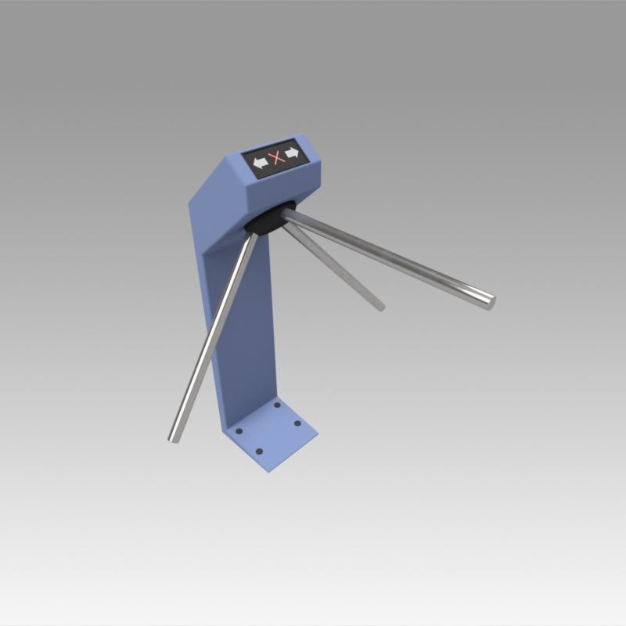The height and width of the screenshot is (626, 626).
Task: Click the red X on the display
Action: [x=275, y=159]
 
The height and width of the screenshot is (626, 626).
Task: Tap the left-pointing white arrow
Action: [x=259, y=163]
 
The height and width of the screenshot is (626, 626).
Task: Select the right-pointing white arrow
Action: [x=292, y=153]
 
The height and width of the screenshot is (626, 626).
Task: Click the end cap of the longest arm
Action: [x=491, y=300]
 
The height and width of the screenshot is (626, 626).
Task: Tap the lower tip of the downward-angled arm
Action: [x=174, y=437]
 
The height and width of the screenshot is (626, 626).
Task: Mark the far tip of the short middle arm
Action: [x=380, y=306]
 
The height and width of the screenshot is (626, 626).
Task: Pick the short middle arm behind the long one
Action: [x=336, y=270]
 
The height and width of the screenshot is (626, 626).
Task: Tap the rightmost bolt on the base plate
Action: [x=297, y=424]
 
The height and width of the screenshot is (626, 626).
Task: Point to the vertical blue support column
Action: [x=243, y=329]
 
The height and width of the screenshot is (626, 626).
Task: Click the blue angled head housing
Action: [x=235, y=188]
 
